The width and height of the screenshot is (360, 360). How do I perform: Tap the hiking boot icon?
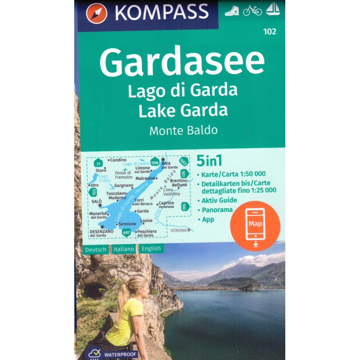click(x=232, y=10)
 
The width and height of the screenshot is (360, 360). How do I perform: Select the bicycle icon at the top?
click(x=252, y=10)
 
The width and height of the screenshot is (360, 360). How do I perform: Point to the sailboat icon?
click(x=273, y=8)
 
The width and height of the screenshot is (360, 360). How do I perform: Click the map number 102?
click(x=271, y=31)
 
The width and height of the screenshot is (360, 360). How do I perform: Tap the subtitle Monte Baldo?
click(x=184, y=130)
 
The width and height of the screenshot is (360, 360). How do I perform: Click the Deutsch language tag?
click(x=95, y=248)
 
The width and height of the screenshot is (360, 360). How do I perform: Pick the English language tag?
click(x=152, y=248)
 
